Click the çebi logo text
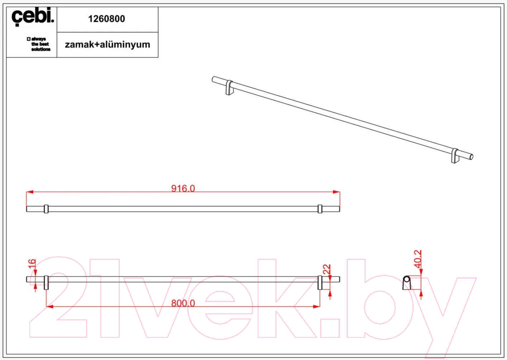(x=33, y=16)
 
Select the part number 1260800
(x=106, y=19)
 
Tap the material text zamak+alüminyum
(x=108, y=44)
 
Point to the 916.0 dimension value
(x=183, y=188)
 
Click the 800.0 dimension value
(x=183, y=303)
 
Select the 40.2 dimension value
(x=418, y=259)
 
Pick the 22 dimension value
(x=327, y=269)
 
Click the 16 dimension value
(x=32, y=264)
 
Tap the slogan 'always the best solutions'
(x=39, y=44)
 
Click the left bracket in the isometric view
(x=229, y=88)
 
